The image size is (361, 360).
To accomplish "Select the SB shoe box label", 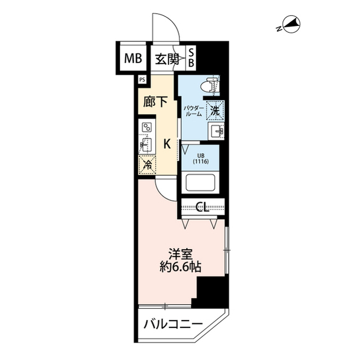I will point(191,58).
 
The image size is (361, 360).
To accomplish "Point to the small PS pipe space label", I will point(142,79).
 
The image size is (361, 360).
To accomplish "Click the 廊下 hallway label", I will point(156,103).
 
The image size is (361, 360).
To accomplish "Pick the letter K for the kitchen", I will point(167,144).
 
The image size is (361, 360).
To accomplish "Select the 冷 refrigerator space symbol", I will point(146,165).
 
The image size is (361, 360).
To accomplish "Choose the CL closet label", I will point(203,207).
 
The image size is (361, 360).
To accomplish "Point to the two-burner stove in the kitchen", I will point(146,128).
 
